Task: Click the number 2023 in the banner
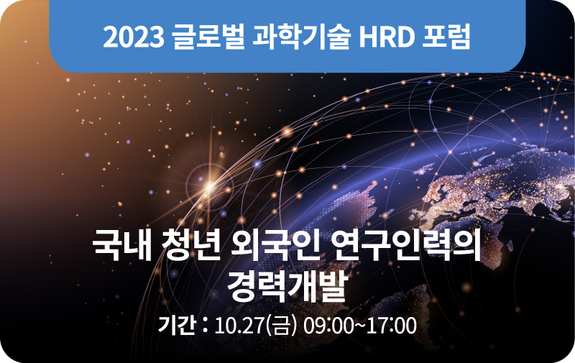click(x=134, y=37)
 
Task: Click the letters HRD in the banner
click(x=387, y=37)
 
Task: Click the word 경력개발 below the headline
click(x=287, y=286)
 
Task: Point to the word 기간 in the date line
click(x=176, y=325)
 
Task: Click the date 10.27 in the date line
click(x=239, y=326)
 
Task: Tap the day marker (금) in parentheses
click(x=282, y=326)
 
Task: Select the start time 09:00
click(x=328, y=326)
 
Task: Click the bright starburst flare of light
click(x=210, y=186)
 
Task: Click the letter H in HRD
click(x=368, y=37)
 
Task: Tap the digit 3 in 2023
click(x=157, y=37)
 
